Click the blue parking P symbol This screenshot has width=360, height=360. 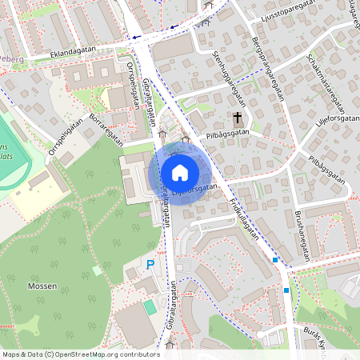150,265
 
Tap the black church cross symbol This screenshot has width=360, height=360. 238,118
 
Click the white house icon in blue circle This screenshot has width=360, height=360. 180,172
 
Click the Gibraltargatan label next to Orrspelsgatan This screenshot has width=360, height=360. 147,104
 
